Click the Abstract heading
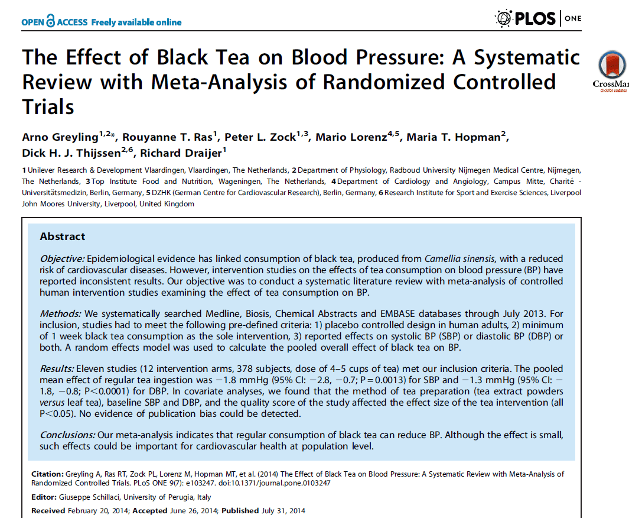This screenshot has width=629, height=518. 63,237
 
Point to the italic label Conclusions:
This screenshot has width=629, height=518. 67,435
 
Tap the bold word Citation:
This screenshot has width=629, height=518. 47,474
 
